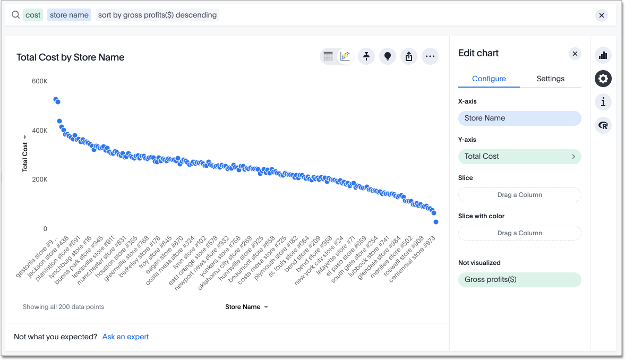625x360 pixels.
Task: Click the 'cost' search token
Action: (x=33, y=15)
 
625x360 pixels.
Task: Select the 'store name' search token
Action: (x=69, y=15)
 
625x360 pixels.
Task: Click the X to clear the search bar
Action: (x=602, y=15)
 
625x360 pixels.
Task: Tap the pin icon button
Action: (x=366, y=56)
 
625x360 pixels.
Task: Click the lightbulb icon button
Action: (x=388, y=56)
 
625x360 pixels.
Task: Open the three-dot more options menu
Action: (x=430, y=56)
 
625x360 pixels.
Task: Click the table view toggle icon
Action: (x=328, y=56)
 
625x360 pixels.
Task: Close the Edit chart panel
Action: (x=575, y=53)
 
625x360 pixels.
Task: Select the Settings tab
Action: (x=550, y=79)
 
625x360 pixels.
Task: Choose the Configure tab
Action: (x=489, y=79)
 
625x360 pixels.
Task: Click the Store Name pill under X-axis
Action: (x=519, y=118)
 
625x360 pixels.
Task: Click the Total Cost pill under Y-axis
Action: (x=519, y=156)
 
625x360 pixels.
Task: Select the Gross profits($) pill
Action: (x=519, y=279)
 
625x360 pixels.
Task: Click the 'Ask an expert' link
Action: (x=125, y=337)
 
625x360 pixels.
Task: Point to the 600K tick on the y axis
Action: (x=39, y=81)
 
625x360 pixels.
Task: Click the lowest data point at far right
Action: (x=436, y=222)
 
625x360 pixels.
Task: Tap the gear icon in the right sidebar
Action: (x=603, y=79)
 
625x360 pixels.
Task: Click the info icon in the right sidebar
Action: (x=603, y=102)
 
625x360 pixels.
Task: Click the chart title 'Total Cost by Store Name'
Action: (x=71, y=57)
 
